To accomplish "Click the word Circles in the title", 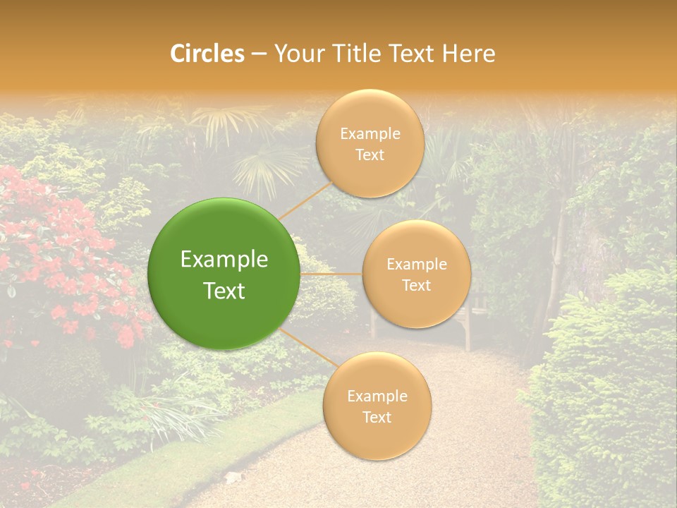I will point(207,54).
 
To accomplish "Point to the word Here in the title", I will point(469,54).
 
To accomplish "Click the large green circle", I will point(224,274).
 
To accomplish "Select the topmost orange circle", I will point(370,143).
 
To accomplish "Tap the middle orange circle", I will point(416,274).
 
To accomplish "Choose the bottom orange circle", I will point(377,406).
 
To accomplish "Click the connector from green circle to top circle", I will point(305,201).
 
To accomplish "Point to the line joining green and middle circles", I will point(331,274).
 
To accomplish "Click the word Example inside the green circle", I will point(224,260).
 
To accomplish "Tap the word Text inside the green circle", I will point(224,291).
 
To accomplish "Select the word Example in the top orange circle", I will point(370,133).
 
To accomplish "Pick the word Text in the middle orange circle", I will point(416,285).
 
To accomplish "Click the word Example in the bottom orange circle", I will point(377,396).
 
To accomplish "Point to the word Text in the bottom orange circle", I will point(377,417).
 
